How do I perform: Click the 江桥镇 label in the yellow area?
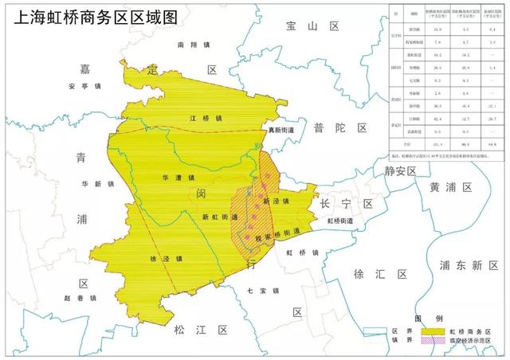(x=183, y=119)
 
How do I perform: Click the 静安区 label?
(x=400, y=171)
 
